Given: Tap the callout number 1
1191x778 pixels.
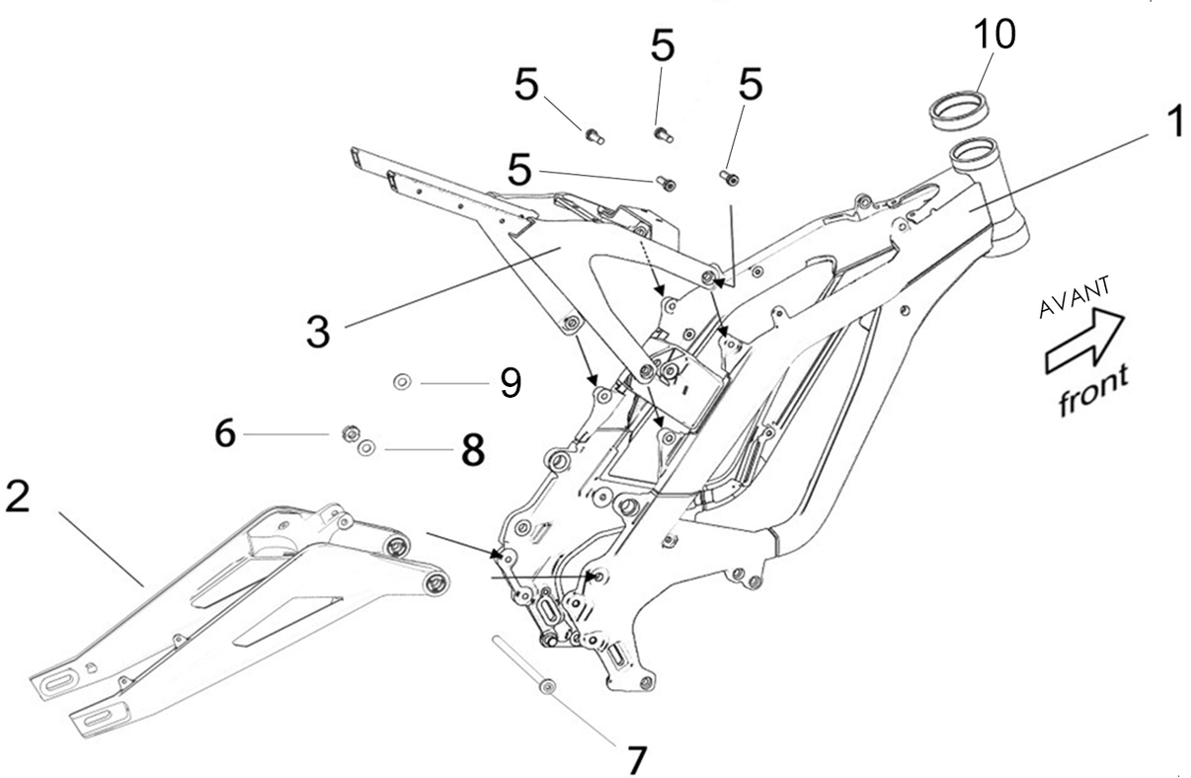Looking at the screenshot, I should tap(1172, 125).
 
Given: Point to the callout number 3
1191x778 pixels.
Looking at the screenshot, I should tap(317, 330).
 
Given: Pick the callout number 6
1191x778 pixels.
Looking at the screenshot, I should tap(226, 433).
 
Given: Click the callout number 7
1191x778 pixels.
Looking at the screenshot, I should tap(636, 758).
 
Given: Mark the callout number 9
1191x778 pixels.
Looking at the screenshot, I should tap(510, 382).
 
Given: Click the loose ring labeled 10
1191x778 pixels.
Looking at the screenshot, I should tap(959, 105).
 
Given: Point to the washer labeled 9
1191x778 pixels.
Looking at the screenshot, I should tap(402, 381).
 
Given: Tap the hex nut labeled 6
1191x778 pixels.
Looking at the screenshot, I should tap(348, 432).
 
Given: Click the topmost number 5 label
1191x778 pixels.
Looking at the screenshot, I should tap(662, 45).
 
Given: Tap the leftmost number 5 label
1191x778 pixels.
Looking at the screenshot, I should tap(526, 87).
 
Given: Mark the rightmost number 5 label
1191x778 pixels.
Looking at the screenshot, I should tap(751, 86).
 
